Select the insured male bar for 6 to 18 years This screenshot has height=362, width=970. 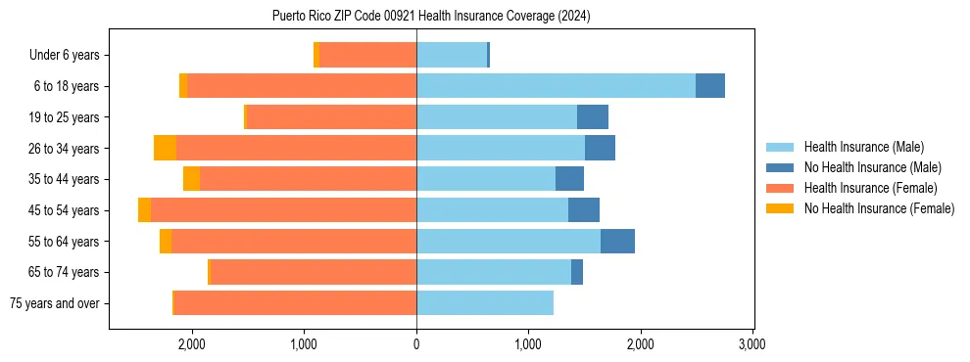coord(556,86)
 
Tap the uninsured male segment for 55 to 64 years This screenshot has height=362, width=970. coord(617,242)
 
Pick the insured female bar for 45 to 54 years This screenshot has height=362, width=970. coord(283,210)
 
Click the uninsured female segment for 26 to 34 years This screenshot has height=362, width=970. coord(165,149)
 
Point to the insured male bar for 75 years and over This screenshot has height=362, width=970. coord(485,303)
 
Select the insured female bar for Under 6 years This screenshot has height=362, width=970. coord(367,56)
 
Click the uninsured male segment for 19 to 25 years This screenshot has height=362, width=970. coord(593,117)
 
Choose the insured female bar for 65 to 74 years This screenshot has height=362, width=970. coord(314,272)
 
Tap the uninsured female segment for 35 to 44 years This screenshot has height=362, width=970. coord(191,179)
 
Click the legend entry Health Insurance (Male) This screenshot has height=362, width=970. coord(863,147)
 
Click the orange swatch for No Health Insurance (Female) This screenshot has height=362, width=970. coord(780,208)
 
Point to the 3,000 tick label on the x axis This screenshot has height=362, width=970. coord(752,345)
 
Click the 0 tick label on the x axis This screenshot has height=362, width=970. coord(416,345)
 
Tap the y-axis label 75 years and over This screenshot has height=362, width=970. coord(54,303)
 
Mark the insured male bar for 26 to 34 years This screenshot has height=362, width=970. coord(501,149)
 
